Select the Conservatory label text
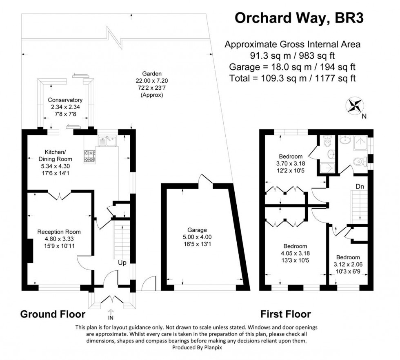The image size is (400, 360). click(65, 100)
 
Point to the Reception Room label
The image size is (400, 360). click(59, 232)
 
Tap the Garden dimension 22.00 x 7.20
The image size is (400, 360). click(152, 81)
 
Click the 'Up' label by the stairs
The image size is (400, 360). click(122, 263)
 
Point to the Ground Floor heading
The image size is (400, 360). click(53, 314)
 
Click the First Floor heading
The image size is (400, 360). click(286, 314)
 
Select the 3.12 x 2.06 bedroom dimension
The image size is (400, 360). click(348, 264)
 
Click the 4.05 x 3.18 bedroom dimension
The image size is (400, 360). click(295, 253)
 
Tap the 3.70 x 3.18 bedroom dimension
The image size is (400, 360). click(291, 163)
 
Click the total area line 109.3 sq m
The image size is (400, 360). click(292, 78)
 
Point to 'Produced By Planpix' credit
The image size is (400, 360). click(197, 347)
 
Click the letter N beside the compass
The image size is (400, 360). click(364, 116)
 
